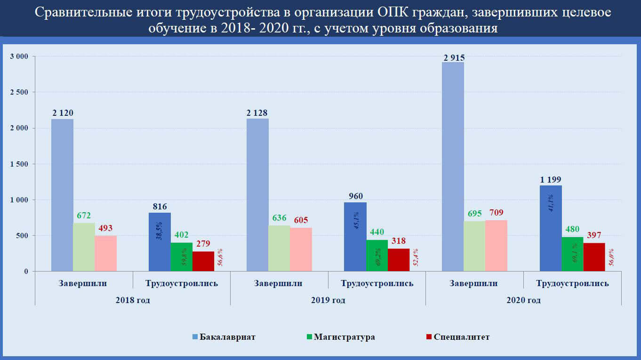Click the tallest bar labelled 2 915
pos(453,167)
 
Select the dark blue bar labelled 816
pos(160,242)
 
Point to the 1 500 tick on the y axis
pos(19,164)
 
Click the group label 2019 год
pos(328,300)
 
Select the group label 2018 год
pos(133,300)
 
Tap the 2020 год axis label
pos(523,300)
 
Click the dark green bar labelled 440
pos(377,256)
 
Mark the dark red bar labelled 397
pos(594,257)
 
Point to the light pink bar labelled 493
pos(105,253)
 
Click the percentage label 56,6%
pos(220,258)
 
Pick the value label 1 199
pos(551,179)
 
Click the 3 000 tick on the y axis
pos(19,56)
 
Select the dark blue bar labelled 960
pos(355,237)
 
